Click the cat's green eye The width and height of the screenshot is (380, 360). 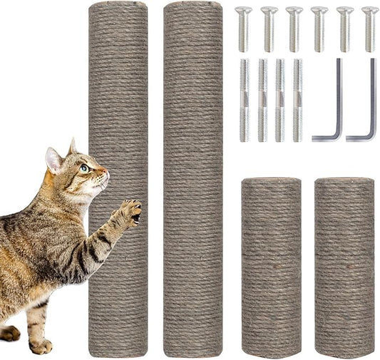tap(84, 168)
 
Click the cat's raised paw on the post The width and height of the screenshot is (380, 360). tap(130, 212)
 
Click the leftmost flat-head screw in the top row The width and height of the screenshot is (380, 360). tap(244, 29)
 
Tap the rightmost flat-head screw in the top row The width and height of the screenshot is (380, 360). tap(370, 29)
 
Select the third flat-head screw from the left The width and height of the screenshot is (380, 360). tap(294, 29)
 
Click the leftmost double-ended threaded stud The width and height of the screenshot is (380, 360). tap(244, 100)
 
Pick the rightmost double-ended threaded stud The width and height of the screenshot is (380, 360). tap(297, 100)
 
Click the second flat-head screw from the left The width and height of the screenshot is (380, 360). tap(269, 29)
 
